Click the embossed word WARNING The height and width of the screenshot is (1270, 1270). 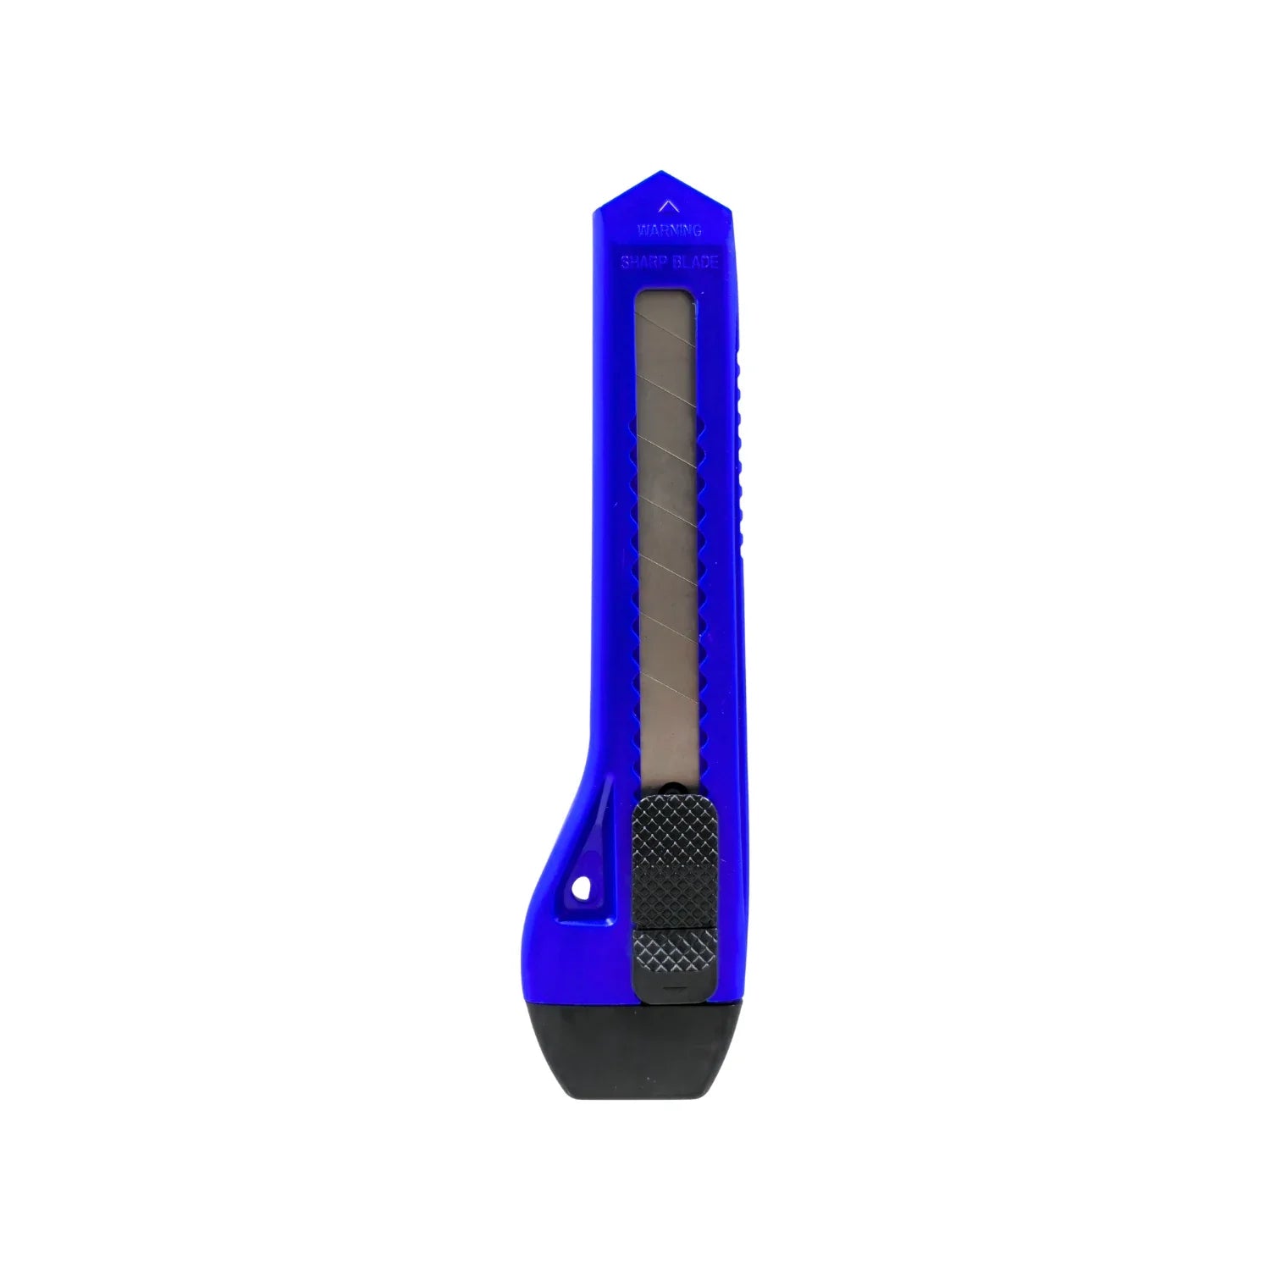click(x=669, y=229)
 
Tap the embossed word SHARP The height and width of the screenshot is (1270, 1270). click(x=645, y=262)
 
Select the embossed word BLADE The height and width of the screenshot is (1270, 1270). click(x=696, y=262)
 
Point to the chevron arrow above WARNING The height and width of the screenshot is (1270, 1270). click(x=669, y=206)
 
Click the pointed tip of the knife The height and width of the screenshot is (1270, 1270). click(x=661, y=174)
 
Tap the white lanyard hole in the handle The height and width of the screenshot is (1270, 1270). click(x=581, y=888)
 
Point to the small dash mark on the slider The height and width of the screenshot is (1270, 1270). click(x=674, y=989)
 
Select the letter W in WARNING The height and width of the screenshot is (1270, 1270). click(x=642, y=229)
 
